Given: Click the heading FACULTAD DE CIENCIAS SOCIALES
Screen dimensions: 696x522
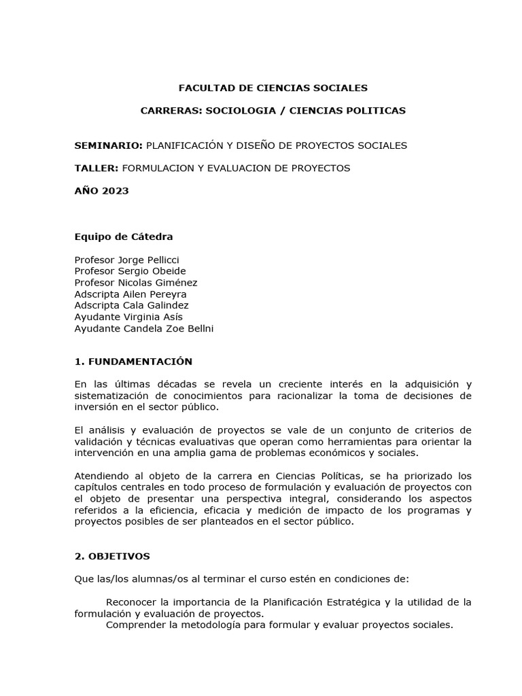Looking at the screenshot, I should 273,88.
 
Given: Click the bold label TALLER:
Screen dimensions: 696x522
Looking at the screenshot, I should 97,168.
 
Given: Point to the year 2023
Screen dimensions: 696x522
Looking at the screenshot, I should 115,191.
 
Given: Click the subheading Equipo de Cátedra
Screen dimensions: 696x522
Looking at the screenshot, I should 124,237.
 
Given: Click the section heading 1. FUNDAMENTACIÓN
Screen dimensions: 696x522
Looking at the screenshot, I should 133,362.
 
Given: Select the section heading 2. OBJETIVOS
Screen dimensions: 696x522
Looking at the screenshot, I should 111,556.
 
